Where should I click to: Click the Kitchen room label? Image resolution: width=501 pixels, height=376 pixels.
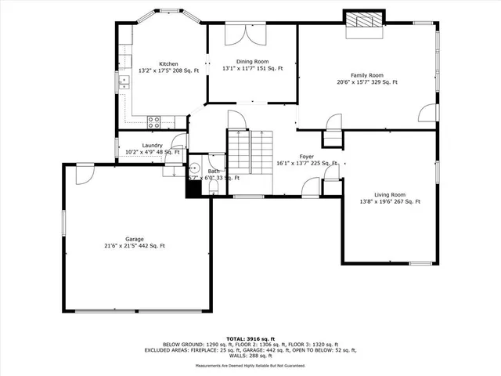(x=168, y=63)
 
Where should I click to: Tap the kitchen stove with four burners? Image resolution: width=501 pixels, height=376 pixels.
(x=154, y=121)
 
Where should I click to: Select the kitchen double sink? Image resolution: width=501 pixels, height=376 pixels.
(x=123, y=81)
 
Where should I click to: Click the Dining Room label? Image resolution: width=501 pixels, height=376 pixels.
(x=252, y=61)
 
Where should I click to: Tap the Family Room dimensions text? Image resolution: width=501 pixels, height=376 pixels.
(x=367, y=81)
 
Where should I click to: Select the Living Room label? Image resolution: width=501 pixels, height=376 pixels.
(x=389, y=194)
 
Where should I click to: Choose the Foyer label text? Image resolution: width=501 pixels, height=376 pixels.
(x=307, y=156)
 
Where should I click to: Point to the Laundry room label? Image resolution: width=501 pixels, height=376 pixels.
(x=153, y=145)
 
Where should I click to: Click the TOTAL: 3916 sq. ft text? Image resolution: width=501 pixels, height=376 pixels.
(x=250, y=337)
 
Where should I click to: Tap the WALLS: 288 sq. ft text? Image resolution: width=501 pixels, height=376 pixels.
(x=250, y=356)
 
